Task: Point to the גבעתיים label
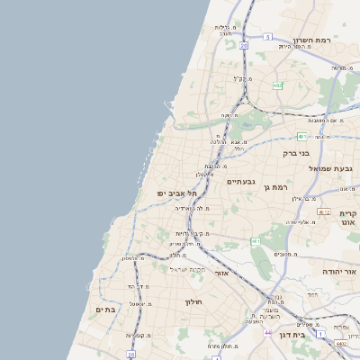tap(241, 181)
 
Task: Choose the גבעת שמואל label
tap(336, 169)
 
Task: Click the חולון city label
tap(195, 302)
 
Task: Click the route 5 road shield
tap(267, 37)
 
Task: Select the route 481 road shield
tap(302, 137)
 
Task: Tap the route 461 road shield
tap(256, 241)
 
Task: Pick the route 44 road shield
tap(267, 332)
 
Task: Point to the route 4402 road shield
tap(341, 343)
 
